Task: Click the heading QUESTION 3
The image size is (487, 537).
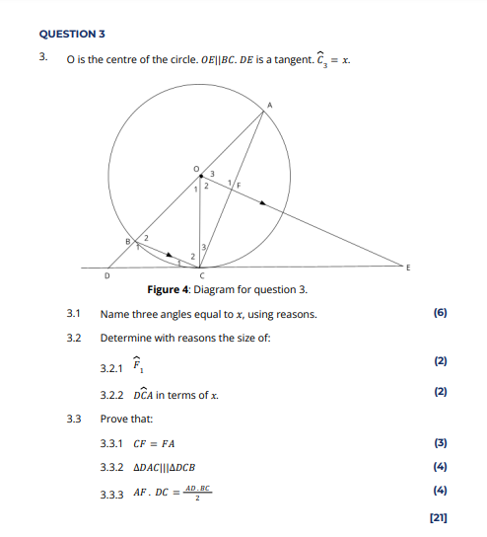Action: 72,34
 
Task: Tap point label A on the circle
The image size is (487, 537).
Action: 268,104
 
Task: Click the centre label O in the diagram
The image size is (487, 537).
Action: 195,168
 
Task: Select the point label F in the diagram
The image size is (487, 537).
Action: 238,185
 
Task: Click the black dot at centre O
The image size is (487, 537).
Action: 200,176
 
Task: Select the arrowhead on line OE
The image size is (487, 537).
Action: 263,202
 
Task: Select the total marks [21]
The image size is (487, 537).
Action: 439,515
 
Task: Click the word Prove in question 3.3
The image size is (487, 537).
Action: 113,419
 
